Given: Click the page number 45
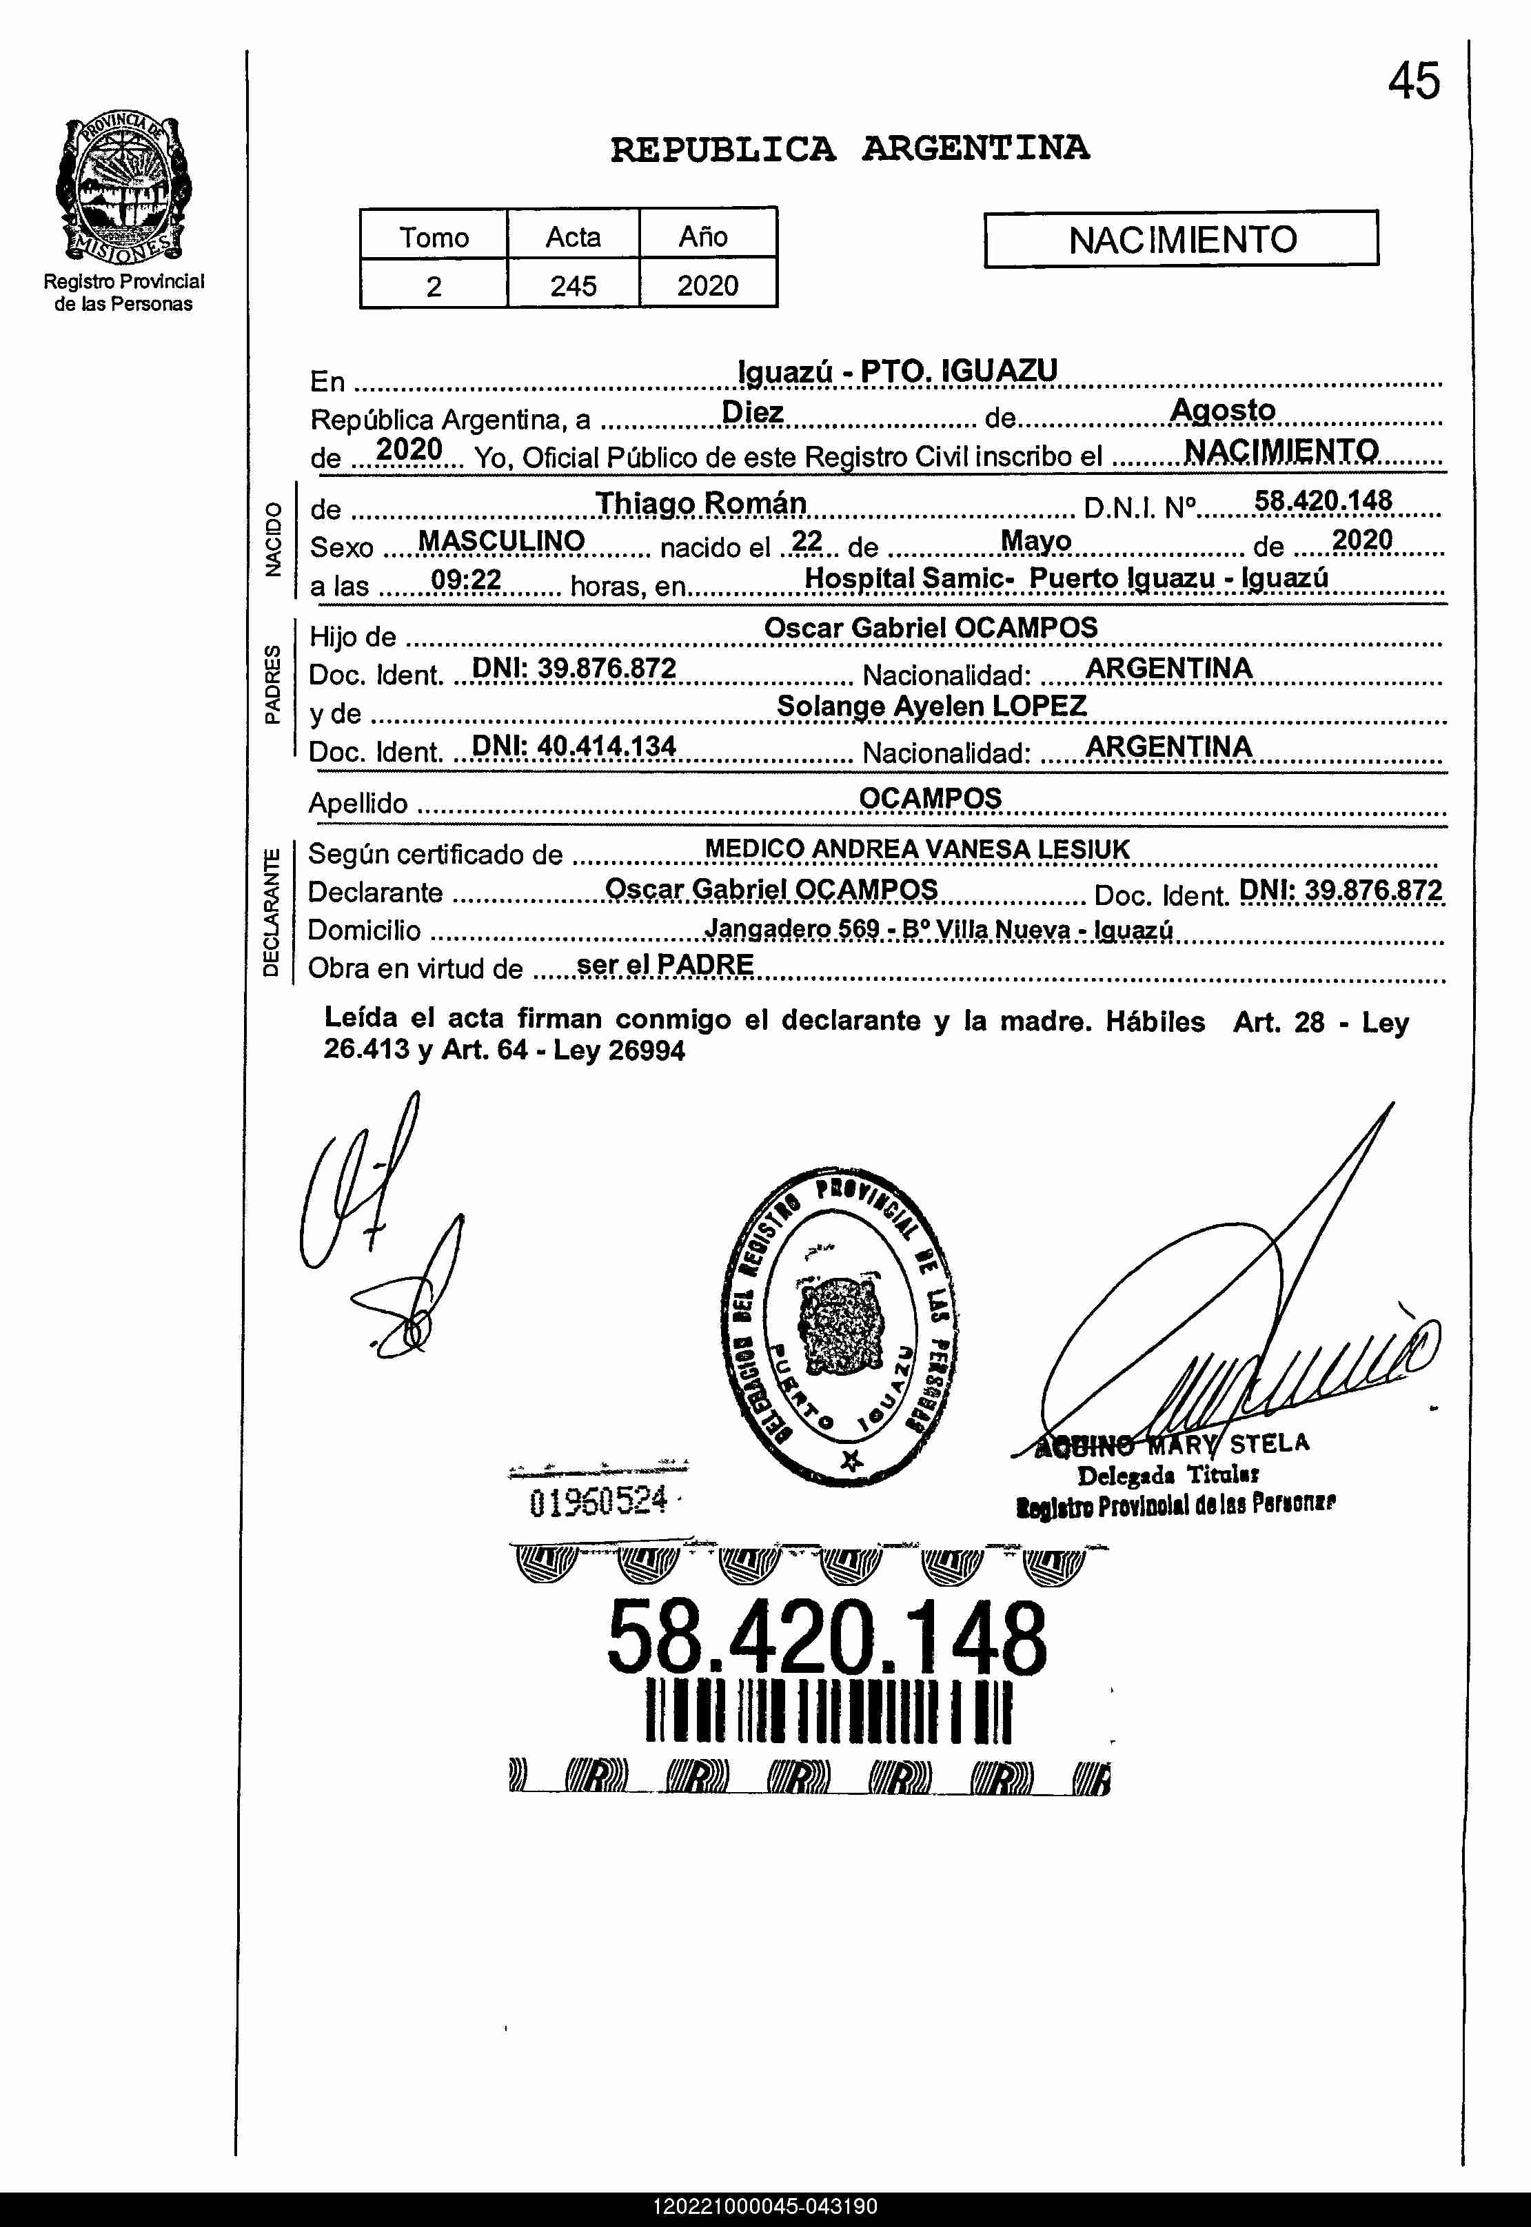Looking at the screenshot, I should [x=1413, y=81].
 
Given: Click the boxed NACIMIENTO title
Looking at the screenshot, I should [x=1181, y=238].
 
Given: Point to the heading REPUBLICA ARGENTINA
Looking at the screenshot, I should [x=849, y=149].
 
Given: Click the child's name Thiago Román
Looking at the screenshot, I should [x=700, y=502].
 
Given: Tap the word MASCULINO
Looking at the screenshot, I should [x=500, y=541].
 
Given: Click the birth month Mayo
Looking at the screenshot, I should [x=1035, y=541].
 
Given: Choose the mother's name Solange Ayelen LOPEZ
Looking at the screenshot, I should [x=931, y=706].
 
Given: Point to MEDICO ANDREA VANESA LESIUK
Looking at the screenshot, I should [x=917, y=848].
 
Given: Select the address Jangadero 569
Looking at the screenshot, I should [x=791, y=928].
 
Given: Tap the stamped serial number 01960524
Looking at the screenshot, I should [x=598, y=1501].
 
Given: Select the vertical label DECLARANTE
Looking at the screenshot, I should [x=272, y=911].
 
